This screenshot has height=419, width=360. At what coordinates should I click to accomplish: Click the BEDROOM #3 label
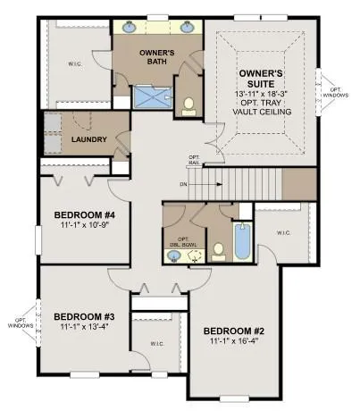(84, 316)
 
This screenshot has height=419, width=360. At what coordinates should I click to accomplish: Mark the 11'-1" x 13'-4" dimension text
(84, 328)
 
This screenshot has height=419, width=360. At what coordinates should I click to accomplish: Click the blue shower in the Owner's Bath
(154, 96)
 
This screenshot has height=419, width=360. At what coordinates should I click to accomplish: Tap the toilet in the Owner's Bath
(188, 108)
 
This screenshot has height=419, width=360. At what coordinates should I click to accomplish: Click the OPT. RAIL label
(194, 161)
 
